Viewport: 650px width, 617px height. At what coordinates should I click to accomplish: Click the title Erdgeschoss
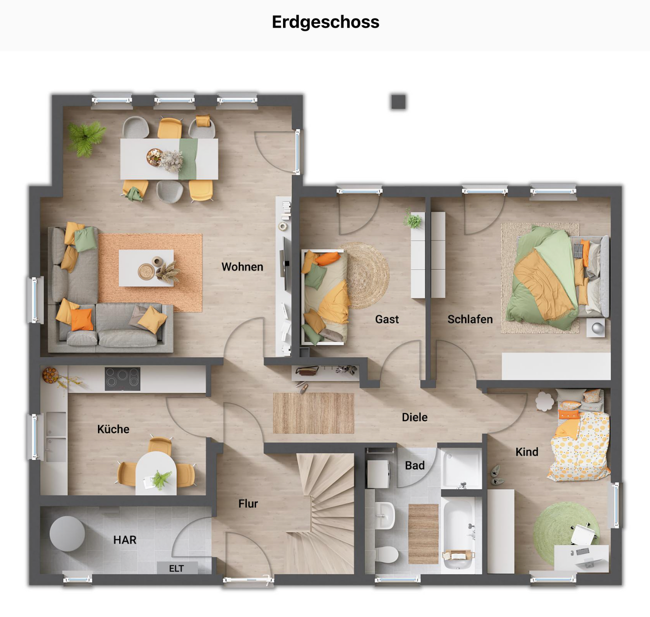coord(325,22)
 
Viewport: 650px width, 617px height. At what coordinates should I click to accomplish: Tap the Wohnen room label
coord(242,267)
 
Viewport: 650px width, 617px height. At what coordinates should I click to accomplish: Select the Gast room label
coord(387,319)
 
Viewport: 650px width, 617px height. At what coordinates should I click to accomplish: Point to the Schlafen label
coord(470,319)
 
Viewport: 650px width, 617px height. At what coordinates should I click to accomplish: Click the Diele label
coord(414,417)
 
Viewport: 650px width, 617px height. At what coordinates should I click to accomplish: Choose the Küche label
coord(113,429)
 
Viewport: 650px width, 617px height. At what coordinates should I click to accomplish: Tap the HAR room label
coord(125,540)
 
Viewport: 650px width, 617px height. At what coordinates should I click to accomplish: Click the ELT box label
coord(176,569)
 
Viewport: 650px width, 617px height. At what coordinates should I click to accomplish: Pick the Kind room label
coord(527,452)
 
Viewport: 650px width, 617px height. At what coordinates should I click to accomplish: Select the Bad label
coord(414,466)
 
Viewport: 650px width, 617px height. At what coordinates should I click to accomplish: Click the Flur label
coord(248,504)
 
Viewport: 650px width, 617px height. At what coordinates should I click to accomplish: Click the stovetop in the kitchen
coord(122,379)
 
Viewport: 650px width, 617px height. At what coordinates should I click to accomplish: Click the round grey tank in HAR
coord(67,533)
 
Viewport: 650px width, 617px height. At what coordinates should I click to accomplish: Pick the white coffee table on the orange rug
coord(146,268)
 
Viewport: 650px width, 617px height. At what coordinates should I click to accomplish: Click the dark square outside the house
coord(398,102)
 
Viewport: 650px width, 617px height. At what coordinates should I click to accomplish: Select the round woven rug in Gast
coord(367,275)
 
